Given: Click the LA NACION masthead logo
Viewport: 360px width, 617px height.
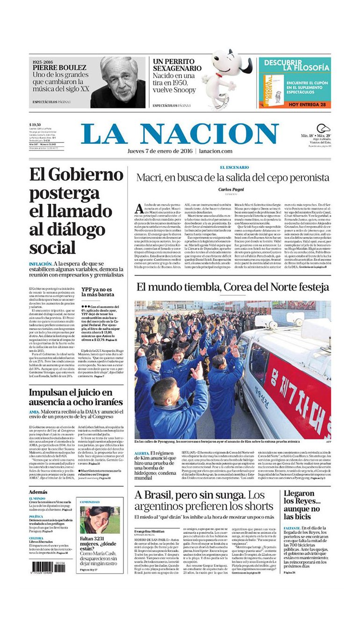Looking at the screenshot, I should (x=180, y=134).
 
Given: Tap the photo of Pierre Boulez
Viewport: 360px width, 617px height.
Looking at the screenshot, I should (x=118, y=82).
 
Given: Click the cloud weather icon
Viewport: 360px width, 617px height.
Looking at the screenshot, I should (x=323, y=129).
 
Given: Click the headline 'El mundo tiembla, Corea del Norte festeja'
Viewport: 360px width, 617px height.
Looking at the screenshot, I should (x=232, y=287).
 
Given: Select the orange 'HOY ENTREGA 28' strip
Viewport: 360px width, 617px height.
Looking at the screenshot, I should (x=294, y=104).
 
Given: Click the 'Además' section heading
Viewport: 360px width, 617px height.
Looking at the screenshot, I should (x=38, y=492).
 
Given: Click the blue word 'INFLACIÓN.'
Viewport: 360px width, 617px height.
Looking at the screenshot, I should (x=40, y=264).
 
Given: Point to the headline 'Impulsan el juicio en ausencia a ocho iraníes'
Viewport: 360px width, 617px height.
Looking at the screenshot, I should (x=76, y=397).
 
